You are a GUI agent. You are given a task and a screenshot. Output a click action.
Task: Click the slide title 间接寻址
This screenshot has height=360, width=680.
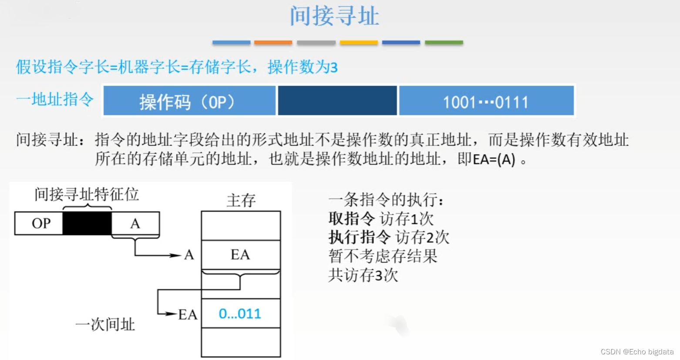pos(334,17)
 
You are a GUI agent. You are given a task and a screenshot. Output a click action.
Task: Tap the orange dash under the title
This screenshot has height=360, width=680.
pos(273,42)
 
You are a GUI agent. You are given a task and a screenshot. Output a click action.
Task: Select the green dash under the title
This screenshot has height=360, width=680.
pos(444,42)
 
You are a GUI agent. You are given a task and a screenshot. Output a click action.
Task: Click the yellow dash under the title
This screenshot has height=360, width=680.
pos(359,42)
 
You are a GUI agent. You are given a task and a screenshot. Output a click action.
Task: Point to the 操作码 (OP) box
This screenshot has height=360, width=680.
pos(189,101)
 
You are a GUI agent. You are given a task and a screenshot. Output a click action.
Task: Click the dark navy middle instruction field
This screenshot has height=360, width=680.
pos(337,101)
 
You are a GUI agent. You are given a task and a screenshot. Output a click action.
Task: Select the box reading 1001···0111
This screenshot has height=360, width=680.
pos(486,101)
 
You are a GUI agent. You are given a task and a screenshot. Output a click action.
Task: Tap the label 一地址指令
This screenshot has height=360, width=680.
pos(55,100)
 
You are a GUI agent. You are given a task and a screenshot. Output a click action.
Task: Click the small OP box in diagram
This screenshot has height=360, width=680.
pos(39,223)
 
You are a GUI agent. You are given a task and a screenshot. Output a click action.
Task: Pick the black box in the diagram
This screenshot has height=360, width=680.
pos(87,223)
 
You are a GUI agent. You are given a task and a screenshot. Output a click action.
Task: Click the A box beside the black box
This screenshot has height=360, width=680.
pos(135,223)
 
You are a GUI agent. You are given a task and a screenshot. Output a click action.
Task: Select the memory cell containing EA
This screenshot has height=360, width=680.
pos(241,255)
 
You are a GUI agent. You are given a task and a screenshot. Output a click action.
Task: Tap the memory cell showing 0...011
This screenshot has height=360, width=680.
pos(241,313)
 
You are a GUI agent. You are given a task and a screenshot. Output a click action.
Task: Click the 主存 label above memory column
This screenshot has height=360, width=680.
pos(241,200)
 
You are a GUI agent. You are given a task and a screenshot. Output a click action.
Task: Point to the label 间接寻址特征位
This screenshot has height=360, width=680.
pos(87,194)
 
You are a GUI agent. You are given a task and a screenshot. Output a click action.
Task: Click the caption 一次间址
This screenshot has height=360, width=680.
pos(105,324)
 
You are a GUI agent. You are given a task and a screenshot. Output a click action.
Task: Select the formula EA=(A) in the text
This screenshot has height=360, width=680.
pos(494,159)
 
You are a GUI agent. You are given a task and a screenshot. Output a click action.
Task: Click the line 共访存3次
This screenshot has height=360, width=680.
pos(363,275)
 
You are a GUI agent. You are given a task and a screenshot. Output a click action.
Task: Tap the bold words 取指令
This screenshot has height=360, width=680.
pos(351,219)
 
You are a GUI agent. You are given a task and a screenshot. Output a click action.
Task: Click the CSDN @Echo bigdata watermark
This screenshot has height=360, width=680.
pos(637,352)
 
